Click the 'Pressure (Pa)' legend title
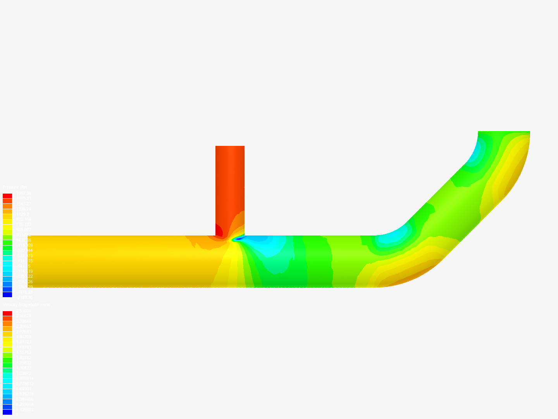(15, 187)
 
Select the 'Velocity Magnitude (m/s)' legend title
(26, 305)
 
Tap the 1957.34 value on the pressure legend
(23, 193)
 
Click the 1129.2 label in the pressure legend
(22, 214)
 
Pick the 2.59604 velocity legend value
(23, 311)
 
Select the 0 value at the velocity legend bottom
(17, 415)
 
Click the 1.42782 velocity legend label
(23, 358)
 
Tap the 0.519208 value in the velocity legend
(24, 394)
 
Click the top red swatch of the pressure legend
(7, 196)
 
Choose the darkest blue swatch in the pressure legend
(7, 294)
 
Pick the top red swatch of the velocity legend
(7, 313)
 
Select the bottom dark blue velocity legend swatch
(7, 412)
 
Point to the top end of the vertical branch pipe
(230, 147)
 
